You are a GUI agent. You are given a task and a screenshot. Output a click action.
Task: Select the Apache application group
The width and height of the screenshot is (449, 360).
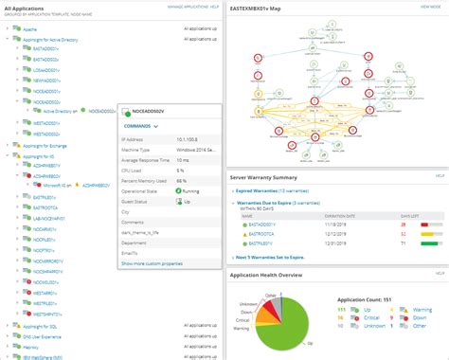pyautogui.click(x=27, y=29)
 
